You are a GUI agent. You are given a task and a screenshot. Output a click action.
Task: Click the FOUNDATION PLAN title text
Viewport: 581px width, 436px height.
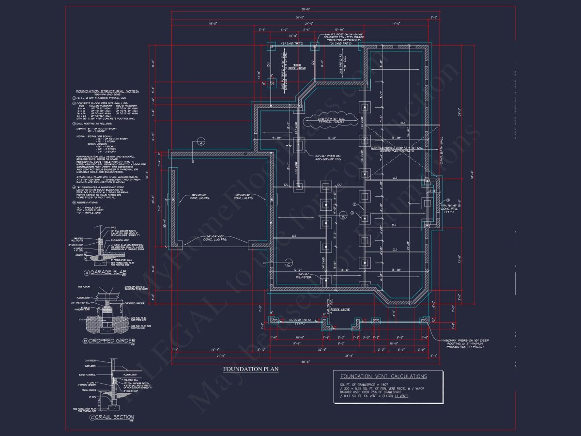coord(251,369)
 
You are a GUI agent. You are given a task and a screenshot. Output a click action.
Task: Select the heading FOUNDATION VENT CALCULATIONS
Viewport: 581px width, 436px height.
coord(383,376)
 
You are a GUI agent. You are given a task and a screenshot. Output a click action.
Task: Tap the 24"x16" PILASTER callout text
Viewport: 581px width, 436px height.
coord(304,276)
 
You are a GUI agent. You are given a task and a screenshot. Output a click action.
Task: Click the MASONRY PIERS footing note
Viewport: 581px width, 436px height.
coord(465,343)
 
